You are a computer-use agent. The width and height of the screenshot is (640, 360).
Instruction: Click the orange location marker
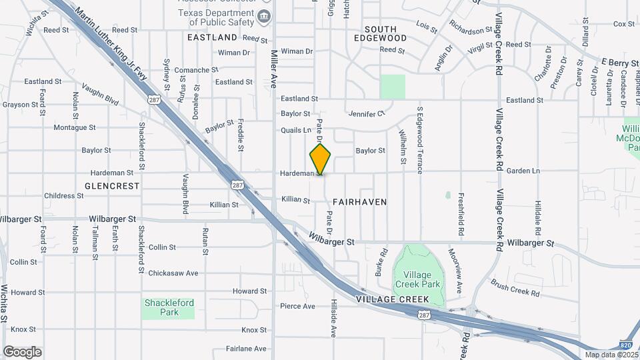[x=321, y=159]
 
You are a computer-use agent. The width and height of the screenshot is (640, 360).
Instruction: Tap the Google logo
[x=22, y=352]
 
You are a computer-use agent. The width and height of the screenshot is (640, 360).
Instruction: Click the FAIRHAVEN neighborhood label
[x=359, y=201]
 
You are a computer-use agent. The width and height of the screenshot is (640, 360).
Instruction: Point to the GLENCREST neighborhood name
[x=113, y=186]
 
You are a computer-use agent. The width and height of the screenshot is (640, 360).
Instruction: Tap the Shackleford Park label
[x=169, y=307]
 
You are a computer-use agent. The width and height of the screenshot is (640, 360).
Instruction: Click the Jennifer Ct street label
[x=367, y=114]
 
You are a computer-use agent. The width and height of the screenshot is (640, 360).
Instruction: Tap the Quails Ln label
[x=296, y=130]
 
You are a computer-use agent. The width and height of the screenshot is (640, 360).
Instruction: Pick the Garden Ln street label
[x=523, y=171]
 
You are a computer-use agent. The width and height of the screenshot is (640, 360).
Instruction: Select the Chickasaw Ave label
[x=173, y=273]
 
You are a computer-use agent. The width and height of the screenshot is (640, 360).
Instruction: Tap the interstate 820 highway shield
[x=625, y=345]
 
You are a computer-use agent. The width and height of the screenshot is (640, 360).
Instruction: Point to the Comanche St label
[x=197, y=69]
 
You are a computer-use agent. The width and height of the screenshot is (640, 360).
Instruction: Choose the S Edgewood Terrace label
[x=420, y=140]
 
